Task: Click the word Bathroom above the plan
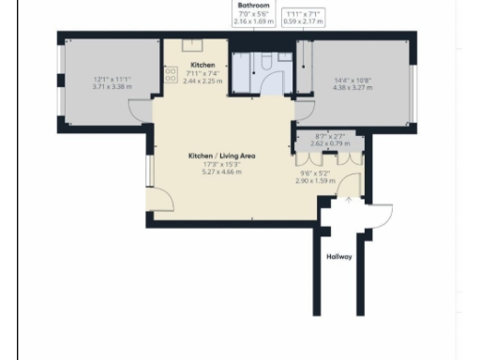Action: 254,5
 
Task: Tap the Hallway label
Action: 339,256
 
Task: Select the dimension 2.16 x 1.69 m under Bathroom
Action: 254,20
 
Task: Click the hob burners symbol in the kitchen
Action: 172,74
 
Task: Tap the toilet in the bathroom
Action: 263,62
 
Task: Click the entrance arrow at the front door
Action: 349,199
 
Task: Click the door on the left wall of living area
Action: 159,198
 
